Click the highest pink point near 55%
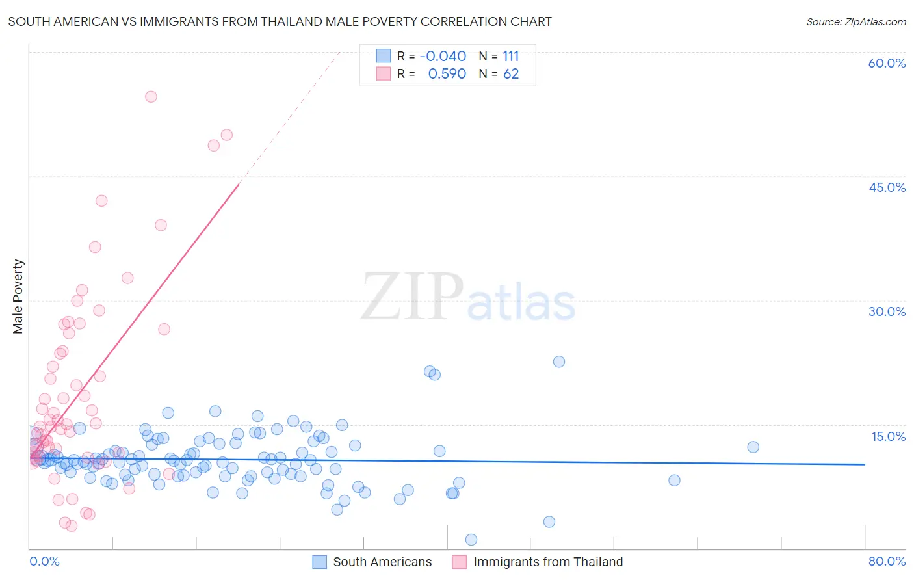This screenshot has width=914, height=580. point(151,96)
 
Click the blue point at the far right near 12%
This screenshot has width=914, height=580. point(753,447)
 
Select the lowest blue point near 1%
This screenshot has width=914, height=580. point(471,540)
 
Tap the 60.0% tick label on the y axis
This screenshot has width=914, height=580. point(887,63)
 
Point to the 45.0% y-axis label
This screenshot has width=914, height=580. point(887,187)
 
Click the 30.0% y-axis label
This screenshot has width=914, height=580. point(887,311)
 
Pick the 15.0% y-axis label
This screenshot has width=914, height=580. point(888,436)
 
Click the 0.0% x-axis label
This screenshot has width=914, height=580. point(44,561)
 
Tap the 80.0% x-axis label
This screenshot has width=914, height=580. point(887,561)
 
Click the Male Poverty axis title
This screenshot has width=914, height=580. point(18,297)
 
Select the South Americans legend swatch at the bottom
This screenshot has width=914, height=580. point(319,562)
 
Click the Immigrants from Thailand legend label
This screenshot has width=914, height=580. point(548,562)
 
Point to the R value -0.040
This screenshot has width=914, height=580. point(443,57)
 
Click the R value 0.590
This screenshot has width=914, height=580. point(447,74)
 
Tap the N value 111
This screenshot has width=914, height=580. point(510,57)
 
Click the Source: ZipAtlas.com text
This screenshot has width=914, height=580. point(855,21)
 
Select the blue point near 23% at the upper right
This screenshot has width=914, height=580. point(559,362)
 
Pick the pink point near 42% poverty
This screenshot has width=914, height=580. point(101,201)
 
